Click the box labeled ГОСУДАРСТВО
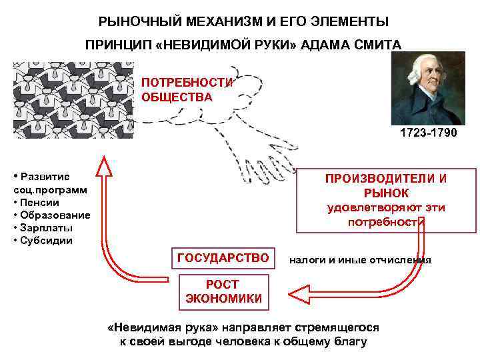point(223,258)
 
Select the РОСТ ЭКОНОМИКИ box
point(223,291)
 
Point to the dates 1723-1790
point(428,133)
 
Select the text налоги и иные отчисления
point(360,259)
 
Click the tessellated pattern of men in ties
point(72,100)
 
